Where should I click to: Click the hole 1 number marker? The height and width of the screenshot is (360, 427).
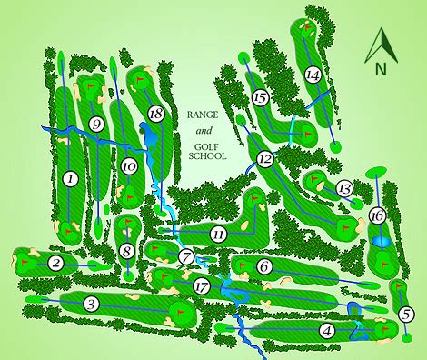(x=70, y=179)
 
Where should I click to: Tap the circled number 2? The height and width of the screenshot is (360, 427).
(x=55, y=264)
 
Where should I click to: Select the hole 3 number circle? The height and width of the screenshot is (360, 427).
(x=90, y=304)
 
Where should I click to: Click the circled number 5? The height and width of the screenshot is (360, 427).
(x=404, y=315)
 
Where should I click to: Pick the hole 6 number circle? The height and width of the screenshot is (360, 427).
(x=263, y=267)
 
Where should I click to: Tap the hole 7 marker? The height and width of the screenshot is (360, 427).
(x=185, y=257)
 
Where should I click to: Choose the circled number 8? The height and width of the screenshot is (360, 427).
(x=127, y=251)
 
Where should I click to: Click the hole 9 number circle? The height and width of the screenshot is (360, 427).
(x=96, y=125)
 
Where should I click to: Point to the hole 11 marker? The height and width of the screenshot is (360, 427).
(x=218, y=235)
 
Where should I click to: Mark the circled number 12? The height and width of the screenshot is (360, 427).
(x=264, y=159)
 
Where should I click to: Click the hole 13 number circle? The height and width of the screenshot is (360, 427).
(x=343, y=188)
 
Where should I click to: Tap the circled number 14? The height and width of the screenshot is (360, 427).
(x=313, y=75)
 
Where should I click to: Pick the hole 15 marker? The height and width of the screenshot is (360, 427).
(x=261, y=97)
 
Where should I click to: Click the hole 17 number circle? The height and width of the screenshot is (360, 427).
(x=202, y=285)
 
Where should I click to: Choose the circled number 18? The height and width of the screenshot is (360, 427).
(x=155, y=113)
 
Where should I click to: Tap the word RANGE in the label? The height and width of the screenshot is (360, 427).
(x=206, y=115)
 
